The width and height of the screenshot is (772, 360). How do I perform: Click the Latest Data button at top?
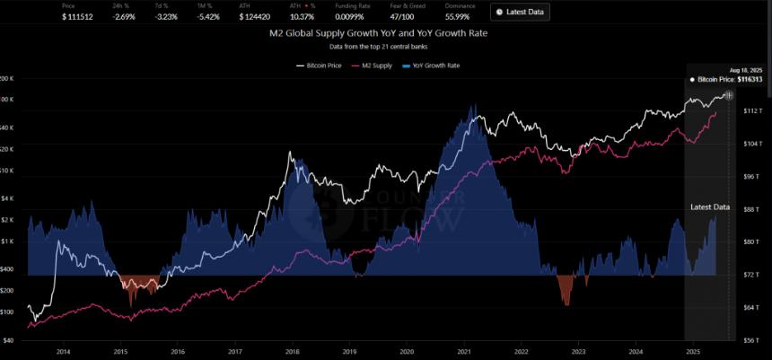520,12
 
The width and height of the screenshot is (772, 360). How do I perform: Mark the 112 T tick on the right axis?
751,110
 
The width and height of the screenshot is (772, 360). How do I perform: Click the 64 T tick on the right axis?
751,308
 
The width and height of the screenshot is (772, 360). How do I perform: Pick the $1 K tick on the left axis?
8,241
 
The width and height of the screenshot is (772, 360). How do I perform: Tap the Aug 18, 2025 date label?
746,69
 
